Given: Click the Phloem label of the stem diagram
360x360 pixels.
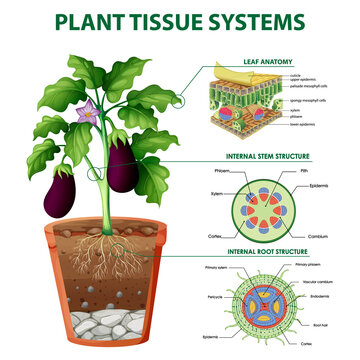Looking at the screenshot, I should pyautogui.click(x=223, y=172).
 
